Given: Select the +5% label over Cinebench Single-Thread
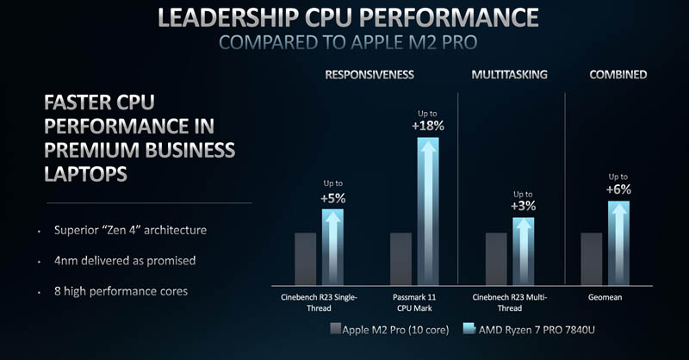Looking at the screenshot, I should click(x=332, y=199).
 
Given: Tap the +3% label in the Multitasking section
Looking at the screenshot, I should click(x=523, y=207).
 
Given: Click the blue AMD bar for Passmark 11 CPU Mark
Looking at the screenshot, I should click(x=428, y=211).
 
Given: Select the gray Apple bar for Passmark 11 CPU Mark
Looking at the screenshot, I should click(x=401, y=258).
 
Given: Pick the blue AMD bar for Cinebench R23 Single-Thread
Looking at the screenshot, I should click(x=332, y=247).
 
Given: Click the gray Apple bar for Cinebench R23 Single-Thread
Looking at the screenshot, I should click(x=306, y=258).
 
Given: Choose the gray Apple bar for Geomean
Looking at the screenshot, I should click(x=592, y=258).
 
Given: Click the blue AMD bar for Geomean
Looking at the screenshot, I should click(x=618, y=243).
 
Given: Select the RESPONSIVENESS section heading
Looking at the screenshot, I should click(x=369, y=75).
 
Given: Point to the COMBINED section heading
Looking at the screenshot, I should click(x=618, y=75).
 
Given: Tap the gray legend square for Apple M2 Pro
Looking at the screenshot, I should click(x=335, y=329).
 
